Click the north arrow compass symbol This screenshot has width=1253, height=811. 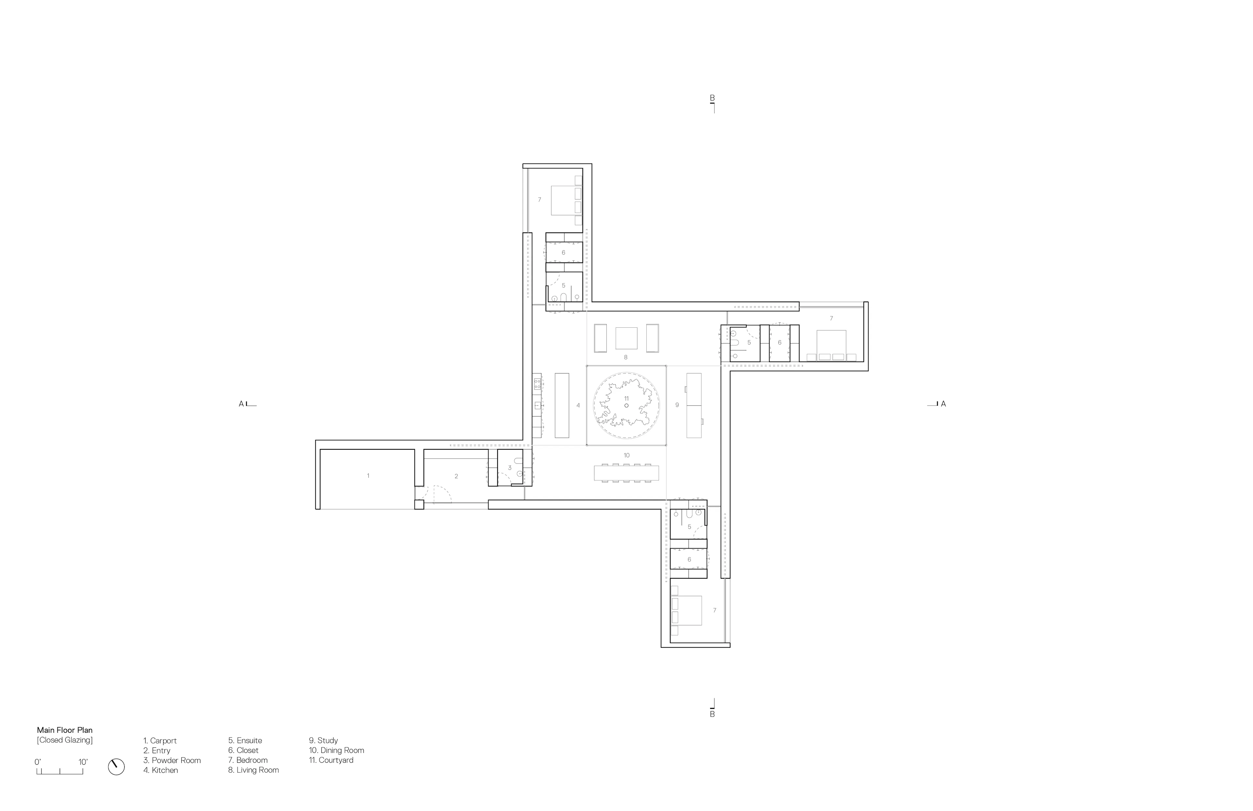116,767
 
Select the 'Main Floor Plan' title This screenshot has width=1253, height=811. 65,730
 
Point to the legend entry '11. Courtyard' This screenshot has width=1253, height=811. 331,760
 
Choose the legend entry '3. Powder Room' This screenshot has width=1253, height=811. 172,760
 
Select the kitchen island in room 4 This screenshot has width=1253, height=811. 562,405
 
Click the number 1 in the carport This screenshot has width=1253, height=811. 368,476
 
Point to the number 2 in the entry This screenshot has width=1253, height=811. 456,476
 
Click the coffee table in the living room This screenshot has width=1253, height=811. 626,338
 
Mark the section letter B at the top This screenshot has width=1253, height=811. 712,98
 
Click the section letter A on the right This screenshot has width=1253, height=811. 943,404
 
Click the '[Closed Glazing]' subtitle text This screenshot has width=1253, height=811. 65,740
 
